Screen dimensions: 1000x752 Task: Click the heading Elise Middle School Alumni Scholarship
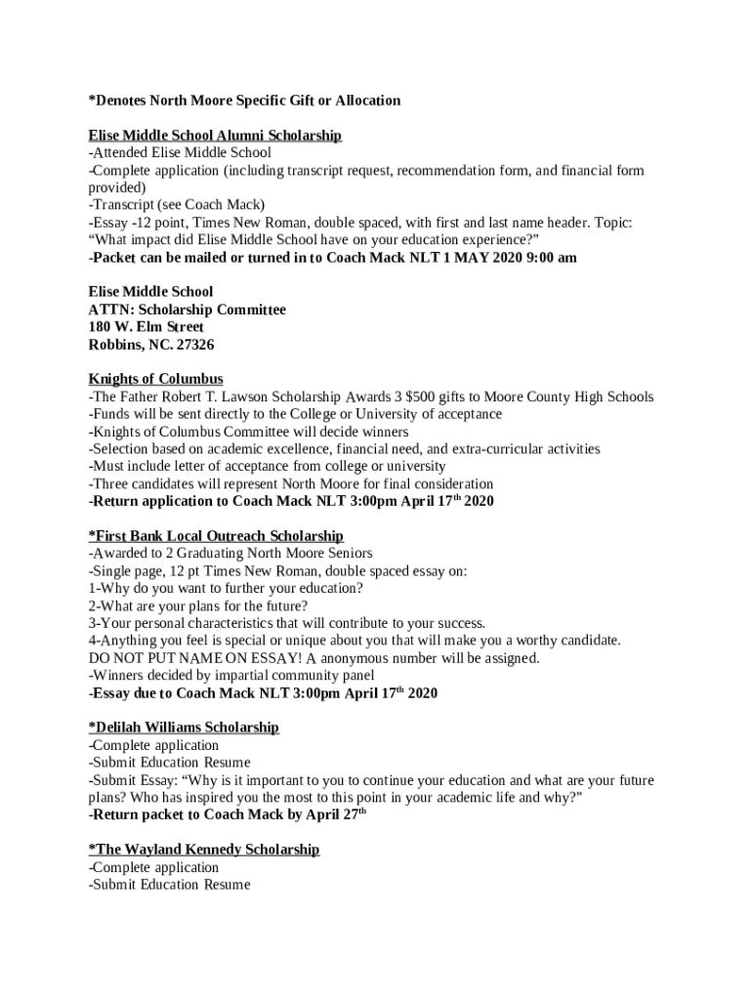click(x=215, y=135)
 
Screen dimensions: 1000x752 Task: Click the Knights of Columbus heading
click(x=156, y=379)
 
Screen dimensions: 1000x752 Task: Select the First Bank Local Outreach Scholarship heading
click(x=216, y=536)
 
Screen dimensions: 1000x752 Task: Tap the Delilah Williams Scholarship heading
click(x=184, y=728)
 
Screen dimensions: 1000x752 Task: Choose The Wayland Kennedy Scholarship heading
click(x=204, y=850)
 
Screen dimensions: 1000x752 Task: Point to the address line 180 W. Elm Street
click(x=146, y=327)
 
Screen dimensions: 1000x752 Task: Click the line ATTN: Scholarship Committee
click(x=188, y=310)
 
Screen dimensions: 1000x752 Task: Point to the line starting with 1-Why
click(x=226, y=588)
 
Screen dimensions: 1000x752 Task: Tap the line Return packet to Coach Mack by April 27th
click(x=227, y=814)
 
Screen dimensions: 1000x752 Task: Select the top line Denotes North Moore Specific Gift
click(x=244, y=101)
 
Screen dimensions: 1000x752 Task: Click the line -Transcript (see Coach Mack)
click(x=177, y=205)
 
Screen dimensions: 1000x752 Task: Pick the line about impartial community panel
click(x=231, y=676)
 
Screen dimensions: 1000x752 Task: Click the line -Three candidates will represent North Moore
click(x=291, y=484)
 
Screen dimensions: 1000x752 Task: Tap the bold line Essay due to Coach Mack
click(x=263, y=693)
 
